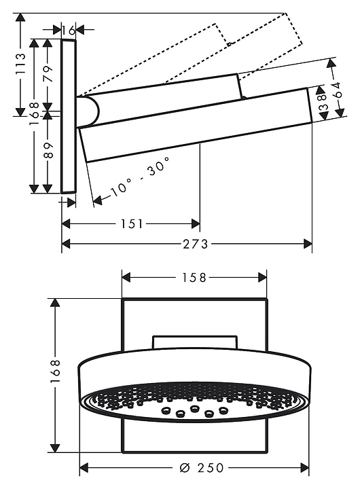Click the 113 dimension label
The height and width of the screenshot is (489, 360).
[x=20, y=63]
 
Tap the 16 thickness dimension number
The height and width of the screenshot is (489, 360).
[x=69, y=31]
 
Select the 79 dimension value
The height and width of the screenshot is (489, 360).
[x=48, y=73]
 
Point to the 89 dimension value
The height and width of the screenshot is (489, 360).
[x=48, y=150]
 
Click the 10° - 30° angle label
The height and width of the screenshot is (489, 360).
[x=141, y=177]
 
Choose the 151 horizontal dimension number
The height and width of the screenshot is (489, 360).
[x=132, y=224]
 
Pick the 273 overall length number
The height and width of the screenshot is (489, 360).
[x=196, y=244]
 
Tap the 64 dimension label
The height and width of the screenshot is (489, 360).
[x=337, y=90]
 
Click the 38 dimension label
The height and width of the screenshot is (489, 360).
[x=323, y=103]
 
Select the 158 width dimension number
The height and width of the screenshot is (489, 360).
[x=194, y=277]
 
